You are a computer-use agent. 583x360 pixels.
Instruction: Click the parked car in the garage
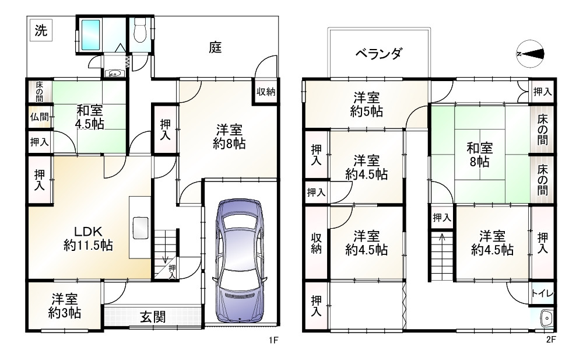pos(240,260)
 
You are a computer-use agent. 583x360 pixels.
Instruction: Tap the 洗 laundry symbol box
pos(41,30)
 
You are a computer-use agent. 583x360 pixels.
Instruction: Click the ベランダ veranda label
pos(378,54)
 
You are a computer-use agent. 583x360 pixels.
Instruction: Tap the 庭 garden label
pos(215,47)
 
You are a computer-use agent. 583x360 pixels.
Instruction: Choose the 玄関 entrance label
pos(153,317)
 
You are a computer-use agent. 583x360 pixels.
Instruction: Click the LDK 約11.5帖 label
pos(88,238)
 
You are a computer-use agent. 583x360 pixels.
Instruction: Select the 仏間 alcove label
pos(39,117)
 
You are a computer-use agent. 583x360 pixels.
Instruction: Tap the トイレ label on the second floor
pos(542,293)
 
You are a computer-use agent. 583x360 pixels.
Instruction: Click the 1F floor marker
pos(273,340)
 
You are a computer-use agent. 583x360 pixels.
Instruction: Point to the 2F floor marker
pos(551,340)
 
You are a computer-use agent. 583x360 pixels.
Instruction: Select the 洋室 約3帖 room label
pos(65,306)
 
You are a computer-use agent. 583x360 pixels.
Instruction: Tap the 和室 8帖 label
pos(480,155)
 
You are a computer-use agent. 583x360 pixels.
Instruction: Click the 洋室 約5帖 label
pos(367,104)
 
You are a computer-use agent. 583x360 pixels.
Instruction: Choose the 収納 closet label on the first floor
pos(266,92)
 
